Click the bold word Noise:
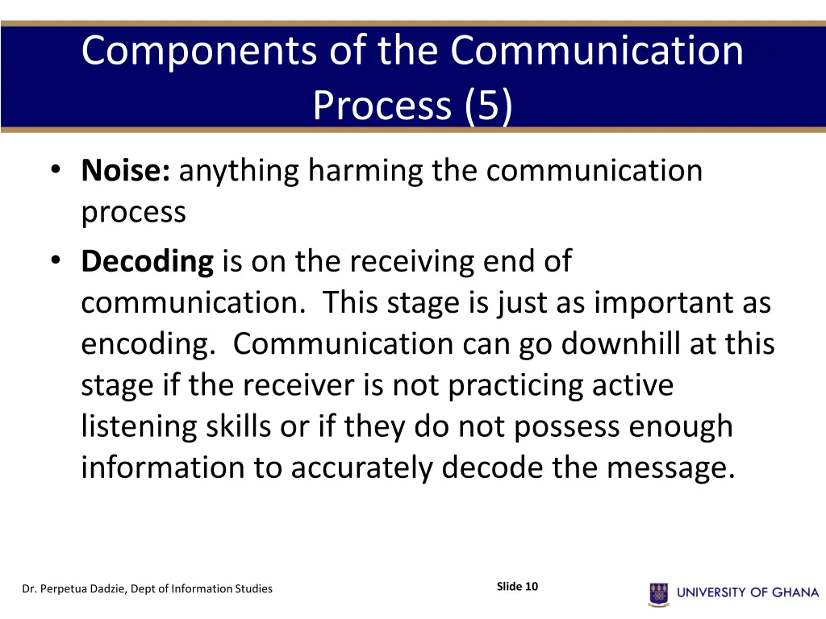pos(125,171)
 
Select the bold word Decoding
pos(147,261)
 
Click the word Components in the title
pos(200,51)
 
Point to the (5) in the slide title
pos(488,105)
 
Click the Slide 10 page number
pos(517,586)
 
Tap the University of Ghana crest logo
pos(658,593)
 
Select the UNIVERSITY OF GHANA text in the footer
pos(748,592)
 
